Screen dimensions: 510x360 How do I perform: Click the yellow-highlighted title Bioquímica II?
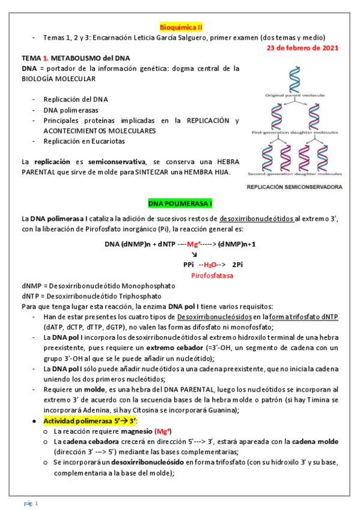[x=181, y=27]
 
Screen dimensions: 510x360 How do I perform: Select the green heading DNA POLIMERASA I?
[x=180, y=202]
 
